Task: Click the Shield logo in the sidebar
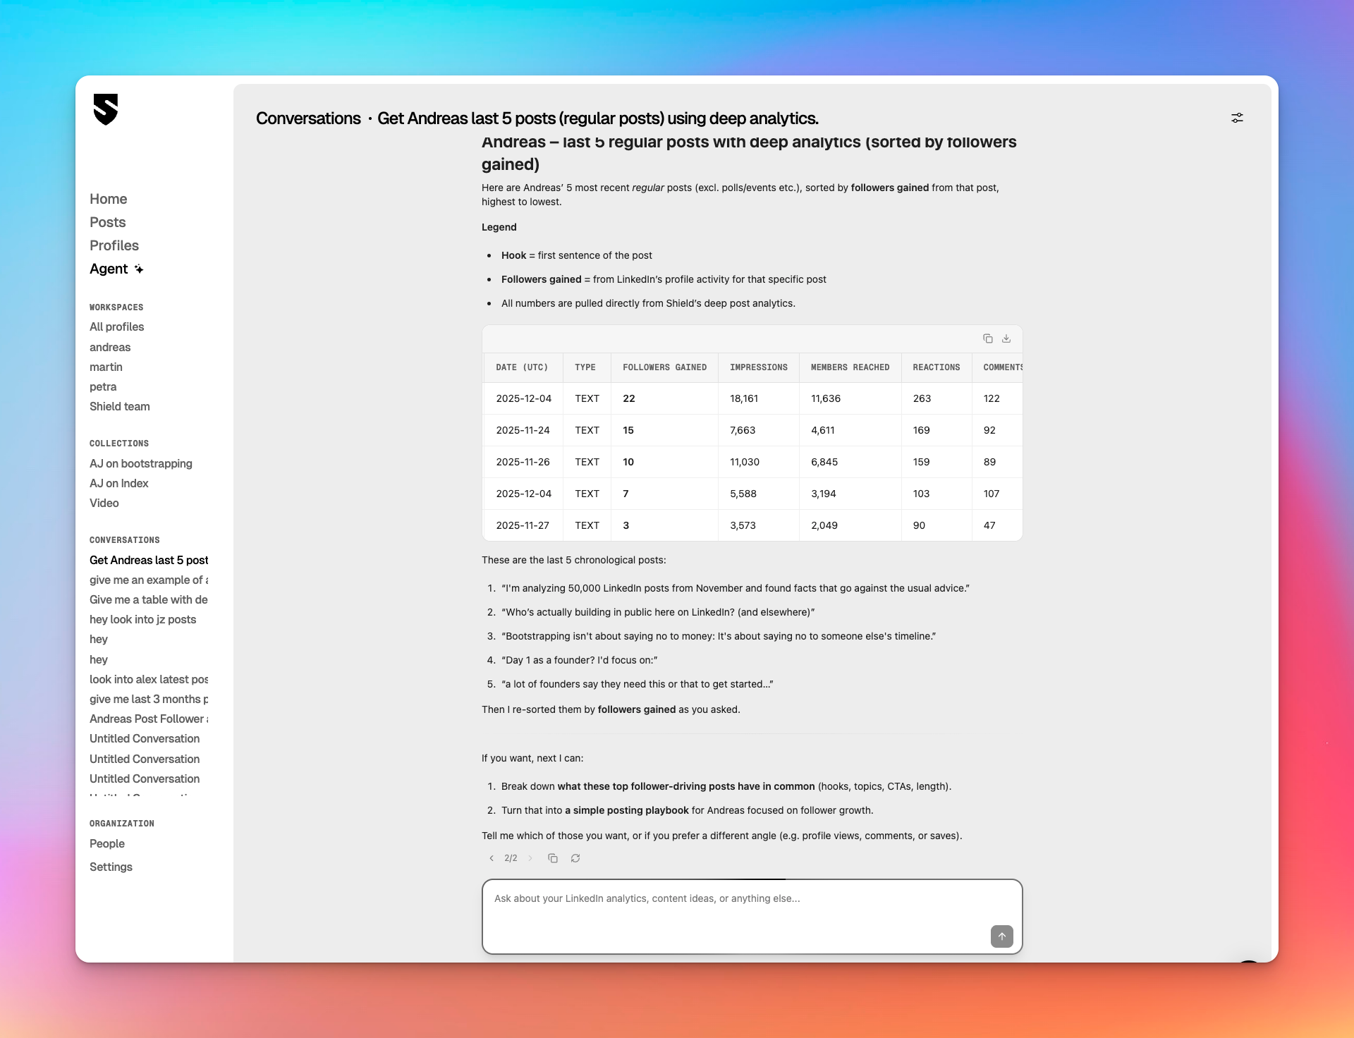coord(106,109)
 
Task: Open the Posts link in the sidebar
coord(107,222)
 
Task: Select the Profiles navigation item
coord(114,245)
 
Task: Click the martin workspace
coord(106,367)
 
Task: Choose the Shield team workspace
coord(119,406)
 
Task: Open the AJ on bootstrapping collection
coord(140,463)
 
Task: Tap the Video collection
coord(104,503)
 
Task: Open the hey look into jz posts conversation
coord(142,619)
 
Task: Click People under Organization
coord(106,843)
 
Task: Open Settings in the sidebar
coord(111,867)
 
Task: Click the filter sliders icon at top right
coord(1237,118)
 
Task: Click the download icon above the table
coord(1006,338)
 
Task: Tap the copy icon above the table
coord(987,338)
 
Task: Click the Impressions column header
coord(758,367)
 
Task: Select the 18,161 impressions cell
coord(743,398)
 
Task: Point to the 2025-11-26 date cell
coord(523,462)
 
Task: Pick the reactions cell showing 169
coord(921,430)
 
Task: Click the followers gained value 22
coord(628,398)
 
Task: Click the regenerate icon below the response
coord(575,858)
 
